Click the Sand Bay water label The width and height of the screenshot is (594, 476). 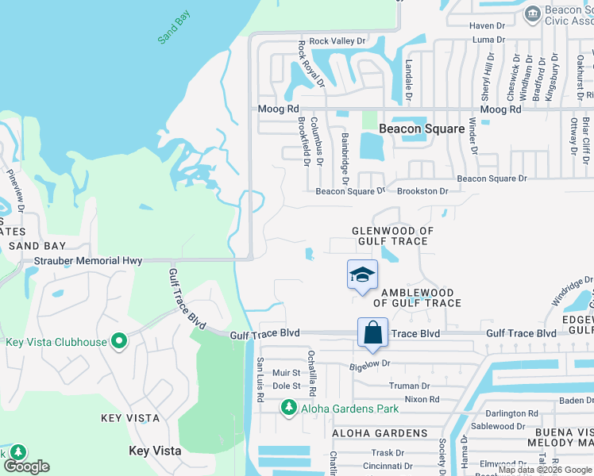174,26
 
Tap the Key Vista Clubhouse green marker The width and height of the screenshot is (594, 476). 119,342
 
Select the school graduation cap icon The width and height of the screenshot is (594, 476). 362,274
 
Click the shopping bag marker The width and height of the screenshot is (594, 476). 372,333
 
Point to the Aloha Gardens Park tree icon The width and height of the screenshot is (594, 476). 289,407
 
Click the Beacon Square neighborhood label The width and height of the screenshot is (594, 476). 422,129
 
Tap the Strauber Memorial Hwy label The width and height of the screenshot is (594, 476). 87,261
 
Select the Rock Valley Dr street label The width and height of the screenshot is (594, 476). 337,40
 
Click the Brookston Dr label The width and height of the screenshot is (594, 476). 422,191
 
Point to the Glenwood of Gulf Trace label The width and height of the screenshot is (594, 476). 393,236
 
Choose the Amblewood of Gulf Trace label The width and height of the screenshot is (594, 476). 416,297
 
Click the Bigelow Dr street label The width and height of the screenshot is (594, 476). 370,363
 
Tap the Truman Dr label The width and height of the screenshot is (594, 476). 409,386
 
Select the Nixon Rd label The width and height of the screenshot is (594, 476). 422,399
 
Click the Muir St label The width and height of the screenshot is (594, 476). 286,372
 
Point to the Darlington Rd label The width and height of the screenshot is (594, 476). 511,413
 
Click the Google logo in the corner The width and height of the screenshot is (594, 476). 26,466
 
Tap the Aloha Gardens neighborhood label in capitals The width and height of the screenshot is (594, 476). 380,433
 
